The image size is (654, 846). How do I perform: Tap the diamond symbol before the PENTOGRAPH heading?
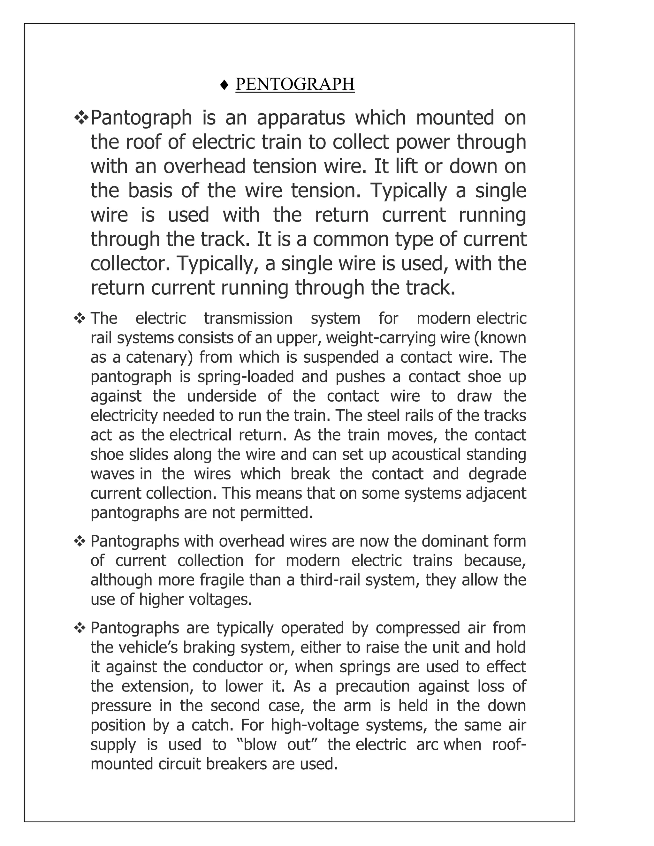224,85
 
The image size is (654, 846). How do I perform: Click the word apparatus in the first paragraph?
300,118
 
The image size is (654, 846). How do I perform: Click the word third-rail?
330,580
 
